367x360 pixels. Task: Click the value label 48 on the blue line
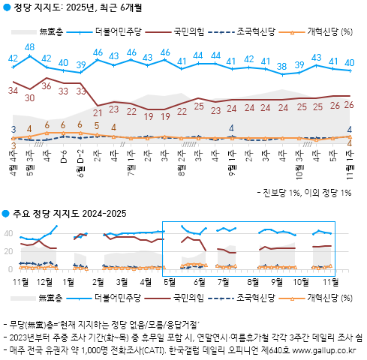pos(30,47)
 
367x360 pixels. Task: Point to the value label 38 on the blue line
pos(282,67)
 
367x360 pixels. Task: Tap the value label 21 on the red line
pos(98,112)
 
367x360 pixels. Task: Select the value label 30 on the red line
pos(30,97)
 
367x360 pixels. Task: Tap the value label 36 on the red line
pos(47,85)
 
